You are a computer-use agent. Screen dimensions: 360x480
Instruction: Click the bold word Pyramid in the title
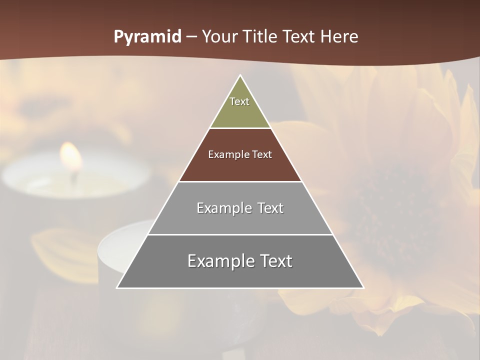click(x=147, y=37)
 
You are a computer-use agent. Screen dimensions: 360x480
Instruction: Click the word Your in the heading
click(x=219, y=37)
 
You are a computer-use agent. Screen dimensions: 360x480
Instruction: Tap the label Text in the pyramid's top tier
click(x=239, y=101)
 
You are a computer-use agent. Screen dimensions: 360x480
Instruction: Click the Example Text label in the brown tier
click(x=240, y=154)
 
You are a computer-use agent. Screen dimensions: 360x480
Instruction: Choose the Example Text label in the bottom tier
click(x=240, y=261)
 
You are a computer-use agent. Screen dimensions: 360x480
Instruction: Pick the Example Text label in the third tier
click(x=240, y=208)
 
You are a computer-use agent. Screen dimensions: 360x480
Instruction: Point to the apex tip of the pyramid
click(x=240, y=76)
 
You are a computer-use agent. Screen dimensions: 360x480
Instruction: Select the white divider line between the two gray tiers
click(x=240, y=234)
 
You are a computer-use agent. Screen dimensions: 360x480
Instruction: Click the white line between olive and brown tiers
click(x=240, y=128)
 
